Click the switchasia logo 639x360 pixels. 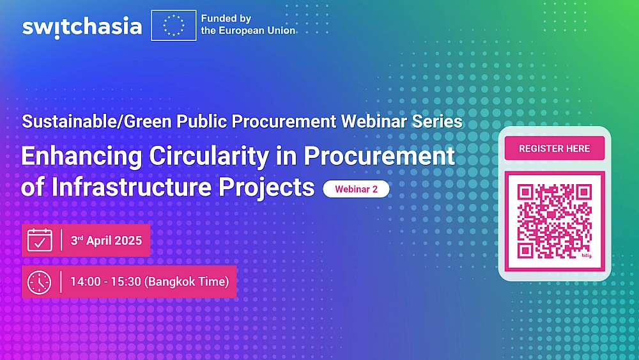82,27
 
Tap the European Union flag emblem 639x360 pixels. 174,26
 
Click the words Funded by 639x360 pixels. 226,19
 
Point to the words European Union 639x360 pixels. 256,31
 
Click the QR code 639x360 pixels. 554,221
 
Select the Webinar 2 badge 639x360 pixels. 356,189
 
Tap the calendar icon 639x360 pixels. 40,240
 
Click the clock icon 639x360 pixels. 39,282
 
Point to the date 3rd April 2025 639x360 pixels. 106,240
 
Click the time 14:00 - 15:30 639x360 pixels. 105,282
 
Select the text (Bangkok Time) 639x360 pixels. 187,282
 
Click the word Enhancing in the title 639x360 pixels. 82,157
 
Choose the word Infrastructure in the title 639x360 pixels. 131,187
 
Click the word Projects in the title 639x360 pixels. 266,188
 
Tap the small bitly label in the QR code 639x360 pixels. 586,256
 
